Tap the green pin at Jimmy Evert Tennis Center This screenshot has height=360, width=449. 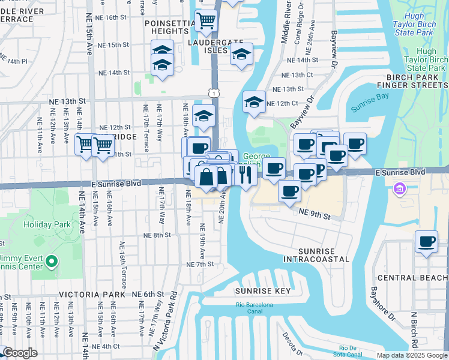[x=52, y=261]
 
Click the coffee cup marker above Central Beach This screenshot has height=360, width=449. [x=426, y=242]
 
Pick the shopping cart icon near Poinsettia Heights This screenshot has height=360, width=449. [x=206, y=21]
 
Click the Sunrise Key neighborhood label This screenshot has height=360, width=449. [x=262, y=291]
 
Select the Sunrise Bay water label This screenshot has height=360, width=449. [x=367, y=108]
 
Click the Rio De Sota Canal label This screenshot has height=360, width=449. [x=352, y=351]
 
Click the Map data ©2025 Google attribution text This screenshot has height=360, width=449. [x=412, y=355]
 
